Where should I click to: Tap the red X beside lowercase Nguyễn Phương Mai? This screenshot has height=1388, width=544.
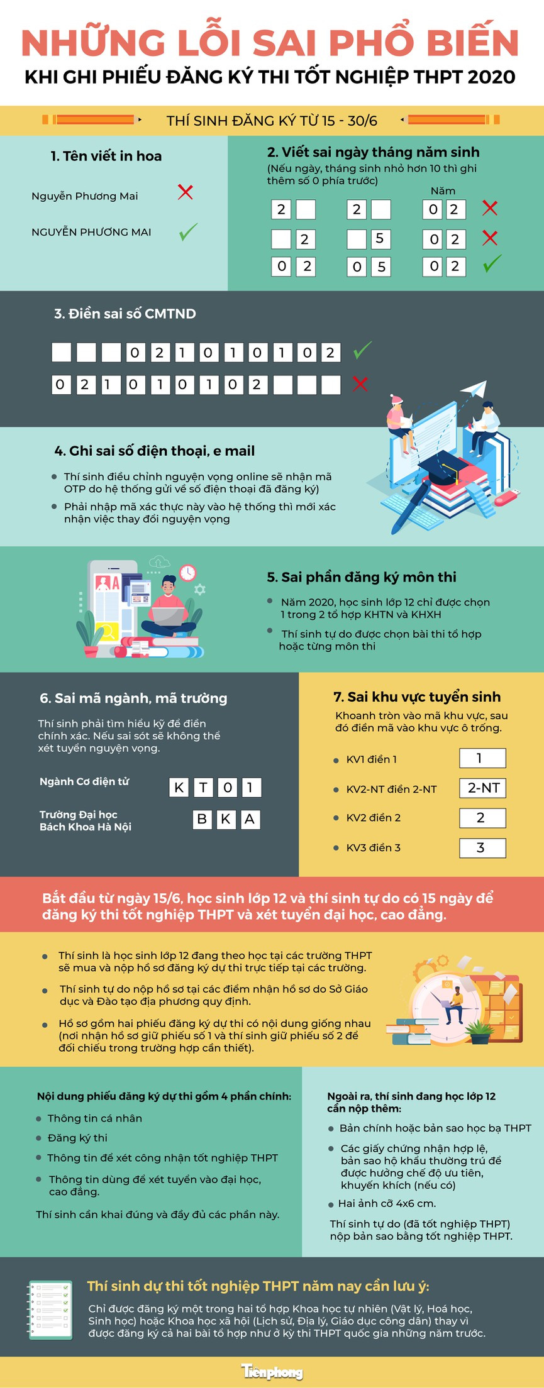pos(185,192)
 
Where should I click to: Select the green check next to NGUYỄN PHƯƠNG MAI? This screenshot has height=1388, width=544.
pos(188,231)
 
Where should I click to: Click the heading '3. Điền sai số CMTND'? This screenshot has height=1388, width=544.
pos(125,314)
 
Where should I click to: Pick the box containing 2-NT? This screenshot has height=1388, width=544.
pos(483,788)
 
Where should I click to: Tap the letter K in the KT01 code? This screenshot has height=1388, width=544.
pos(179,787)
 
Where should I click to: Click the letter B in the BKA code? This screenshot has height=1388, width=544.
pos(202,819)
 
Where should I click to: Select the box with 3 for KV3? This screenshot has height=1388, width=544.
pos(482,847)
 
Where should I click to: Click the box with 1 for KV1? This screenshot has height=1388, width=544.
pos(482,758)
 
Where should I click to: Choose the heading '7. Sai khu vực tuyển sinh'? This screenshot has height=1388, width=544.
pos(417,697)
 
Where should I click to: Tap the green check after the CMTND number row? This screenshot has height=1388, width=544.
pos(362,350)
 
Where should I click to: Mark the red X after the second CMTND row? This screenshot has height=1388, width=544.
pos(360,383)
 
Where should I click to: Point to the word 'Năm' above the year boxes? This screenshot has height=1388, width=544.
pos(443,190)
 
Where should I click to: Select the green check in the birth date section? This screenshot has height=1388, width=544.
pos(492,263)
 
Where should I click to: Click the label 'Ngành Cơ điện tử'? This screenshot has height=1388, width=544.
pos(84,781)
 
